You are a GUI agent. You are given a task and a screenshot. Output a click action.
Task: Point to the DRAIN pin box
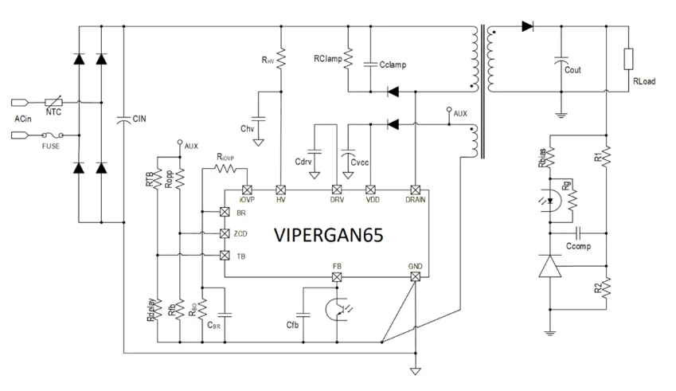[x=415, y=190]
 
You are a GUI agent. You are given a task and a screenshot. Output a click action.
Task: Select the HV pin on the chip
[x=280, y=190]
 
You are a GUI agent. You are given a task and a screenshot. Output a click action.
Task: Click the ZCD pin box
[x=225, y=233]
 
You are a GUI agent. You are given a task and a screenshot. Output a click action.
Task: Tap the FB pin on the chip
[x=337, y=277]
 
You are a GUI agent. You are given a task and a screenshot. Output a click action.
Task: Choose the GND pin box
[x=415, y=277]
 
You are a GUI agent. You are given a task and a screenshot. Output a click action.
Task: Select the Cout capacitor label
[x=572, y=70]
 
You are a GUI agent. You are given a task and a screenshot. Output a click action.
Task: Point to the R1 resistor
[x=606, y=158]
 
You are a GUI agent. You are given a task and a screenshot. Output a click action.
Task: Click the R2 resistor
[x=606, y=287]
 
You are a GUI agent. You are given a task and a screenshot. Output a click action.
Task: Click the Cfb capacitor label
[x=293, y=325]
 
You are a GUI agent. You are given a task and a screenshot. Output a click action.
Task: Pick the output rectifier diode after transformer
[x=527, y=26]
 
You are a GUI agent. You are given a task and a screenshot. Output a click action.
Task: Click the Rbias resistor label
[x=543, y=158]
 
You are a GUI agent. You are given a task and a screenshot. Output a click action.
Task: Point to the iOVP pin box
[x=247, y=190]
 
